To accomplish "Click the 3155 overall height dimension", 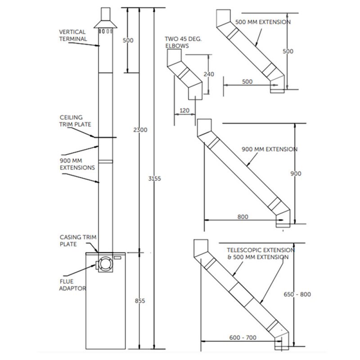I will pos(154,178).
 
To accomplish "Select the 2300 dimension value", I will pos(140,130).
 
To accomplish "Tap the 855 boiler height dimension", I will pos(140,301).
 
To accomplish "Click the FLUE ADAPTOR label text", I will pos(72,285).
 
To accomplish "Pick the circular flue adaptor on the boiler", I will pos(106,265).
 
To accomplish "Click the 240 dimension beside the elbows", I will pos(208,74).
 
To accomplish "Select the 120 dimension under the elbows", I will pos(184,110).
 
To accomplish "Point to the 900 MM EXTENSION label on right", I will pos(269,149).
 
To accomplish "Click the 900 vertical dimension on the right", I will pos(296,174).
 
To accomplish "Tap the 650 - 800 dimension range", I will pos(297,294).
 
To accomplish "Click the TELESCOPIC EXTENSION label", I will pos(261,250).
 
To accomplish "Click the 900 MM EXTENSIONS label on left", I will pos(77,164).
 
